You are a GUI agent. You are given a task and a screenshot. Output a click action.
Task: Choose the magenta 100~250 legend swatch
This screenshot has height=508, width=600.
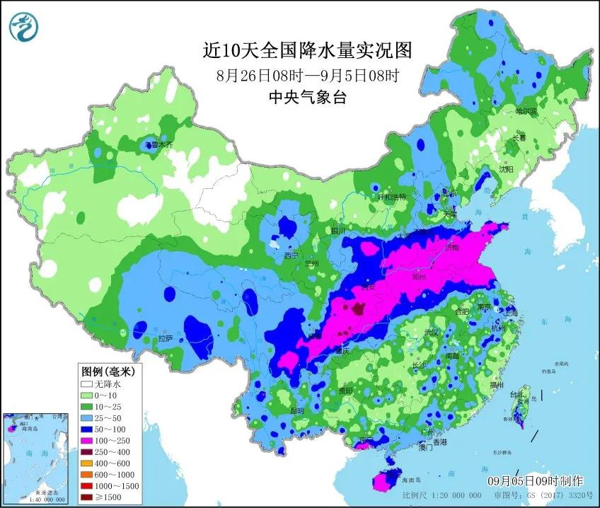88,439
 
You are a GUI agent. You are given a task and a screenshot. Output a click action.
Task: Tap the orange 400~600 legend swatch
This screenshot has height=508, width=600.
88,462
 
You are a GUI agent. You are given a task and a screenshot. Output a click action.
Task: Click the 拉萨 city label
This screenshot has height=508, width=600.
165,339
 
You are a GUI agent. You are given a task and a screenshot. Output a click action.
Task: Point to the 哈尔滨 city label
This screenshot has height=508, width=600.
526,112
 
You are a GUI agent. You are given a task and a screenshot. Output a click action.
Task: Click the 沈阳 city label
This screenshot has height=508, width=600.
505,169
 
